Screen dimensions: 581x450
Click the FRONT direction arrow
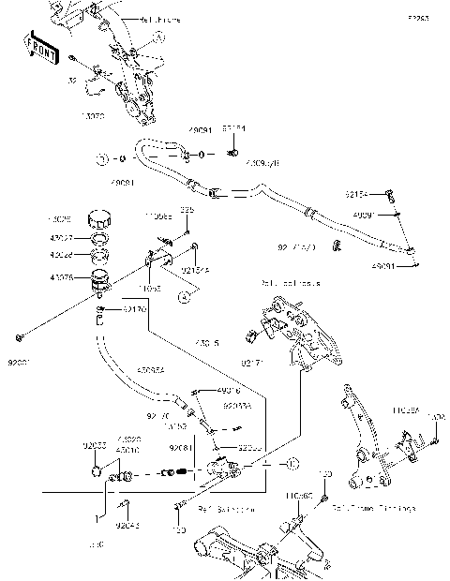pos(40,48)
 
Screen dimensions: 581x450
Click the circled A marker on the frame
pos(158,36)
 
